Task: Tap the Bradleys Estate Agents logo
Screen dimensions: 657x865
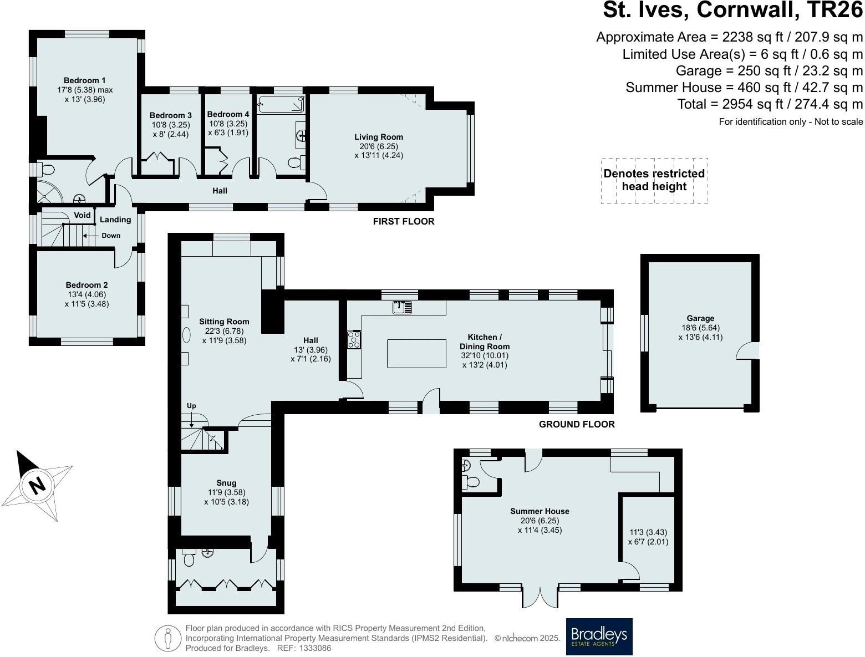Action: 599,636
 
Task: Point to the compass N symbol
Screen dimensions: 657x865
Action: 37,486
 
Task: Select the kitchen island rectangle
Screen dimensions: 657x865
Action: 416,354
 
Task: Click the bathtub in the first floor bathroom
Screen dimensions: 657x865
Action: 282,104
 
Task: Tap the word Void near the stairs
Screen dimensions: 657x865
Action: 82,215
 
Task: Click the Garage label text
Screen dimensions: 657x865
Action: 700,318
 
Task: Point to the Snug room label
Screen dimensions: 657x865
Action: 226,483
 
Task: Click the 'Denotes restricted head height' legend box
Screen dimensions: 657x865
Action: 654,180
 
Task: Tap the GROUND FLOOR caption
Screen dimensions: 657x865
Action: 576,424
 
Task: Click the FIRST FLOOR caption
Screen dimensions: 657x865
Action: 403,221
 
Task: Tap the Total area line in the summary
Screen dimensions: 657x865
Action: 770,104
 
